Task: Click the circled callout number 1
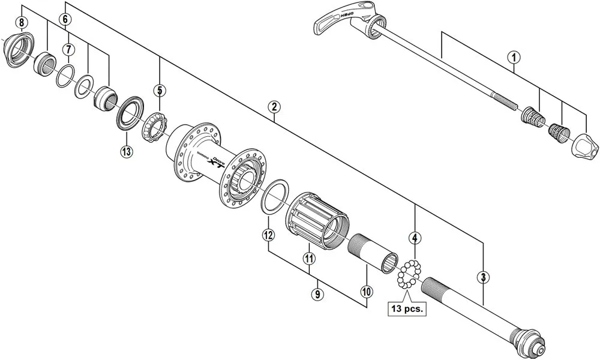pyautogui.click(x=513, y=58)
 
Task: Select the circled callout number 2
pyautogui.click(x=273, y=107)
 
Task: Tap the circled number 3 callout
pyautogui.click(x=483, y=277)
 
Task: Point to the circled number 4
pyautogui.click(x=414, y=238)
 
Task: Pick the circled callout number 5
pyautogui.click(x=159, y=91)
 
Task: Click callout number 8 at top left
pyautogui.click(x=22, y=23)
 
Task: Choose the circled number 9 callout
pyautogui.click(x=317, y=294)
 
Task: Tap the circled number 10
pyautogui.click(x=366, y=292)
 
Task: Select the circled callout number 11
pyautogui.click(x=309, y=259)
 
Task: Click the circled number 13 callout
pyautogui.click(x=126, y=151)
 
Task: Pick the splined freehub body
pyautogui.click(x=317, y=218)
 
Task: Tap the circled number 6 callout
pyautogui.click(x=65, y=19)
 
